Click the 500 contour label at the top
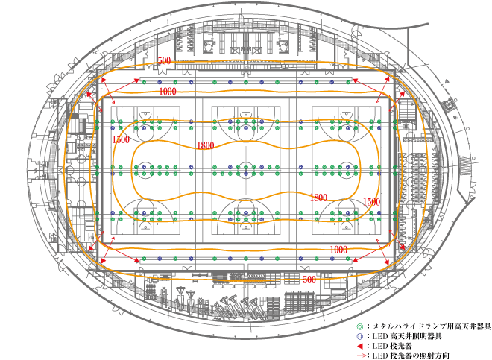164,60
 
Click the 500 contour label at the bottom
309,280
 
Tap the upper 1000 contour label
168,92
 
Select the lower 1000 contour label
338,250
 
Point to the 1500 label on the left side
121,139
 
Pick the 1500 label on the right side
371,202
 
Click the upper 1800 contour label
206,145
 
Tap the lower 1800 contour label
318,198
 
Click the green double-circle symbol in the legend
360,326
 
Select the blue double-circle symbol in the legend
360,336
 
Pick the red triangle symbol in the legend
360,346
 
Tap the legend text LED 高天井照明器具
407,336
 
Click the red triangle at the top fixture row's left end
137,80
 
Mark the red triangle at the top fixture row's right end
355,80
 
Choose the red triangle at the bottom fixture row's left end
137,260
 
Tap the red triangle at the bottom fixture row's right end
355,260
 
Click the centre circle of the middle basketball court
246,170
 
